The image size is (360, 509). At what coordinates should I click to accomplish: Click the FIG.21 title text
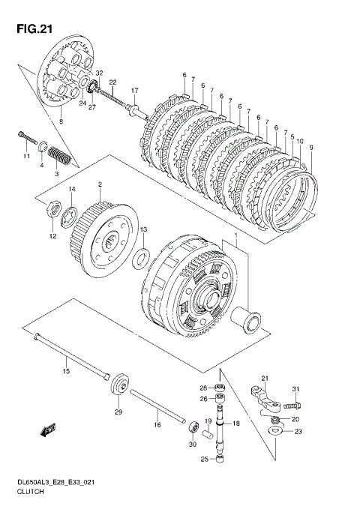click(x=34, y=29)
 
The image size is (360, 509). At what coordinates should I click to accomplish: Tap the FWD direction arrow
click(x=48, y=430)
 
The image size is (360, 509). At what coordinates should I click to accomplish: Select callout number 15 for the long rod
click(x=66, y=370)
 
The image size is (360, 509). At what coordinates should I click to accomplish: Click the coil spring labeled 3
click(x=59, y=155)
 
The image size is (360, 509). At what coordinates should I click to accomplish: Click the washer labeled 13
click(x=141, y=259)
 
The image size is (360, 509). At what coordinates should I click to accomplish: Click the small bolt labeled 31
click(x=292, y=406)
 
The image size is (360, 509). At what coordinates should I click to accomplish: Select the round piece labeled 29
click(x=121, y=385)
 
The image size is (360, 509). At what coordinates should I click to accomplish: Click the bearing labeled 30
click(x=194, y=427)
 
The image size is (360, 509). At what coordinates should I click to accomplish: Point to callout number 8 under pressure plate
click(x=61, y=121)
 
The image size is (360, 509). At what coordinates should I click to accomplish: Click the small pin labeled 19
click(x=207, y=434)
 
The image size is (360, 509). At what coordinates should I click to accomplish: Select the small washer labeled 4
click(x=43, y=146)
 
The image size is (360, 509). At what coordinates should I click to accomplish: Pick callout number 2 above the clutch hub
click(x=100, y=184)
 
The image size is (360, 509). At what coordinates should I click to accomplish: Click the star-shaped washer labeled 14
click(x=69, y=217)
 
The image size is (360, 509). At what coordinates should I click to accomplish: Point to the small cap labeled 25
click(x=220, y=459)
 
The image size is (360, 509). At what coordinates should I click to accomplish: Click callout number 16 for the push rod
click(x=157, y=424)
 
